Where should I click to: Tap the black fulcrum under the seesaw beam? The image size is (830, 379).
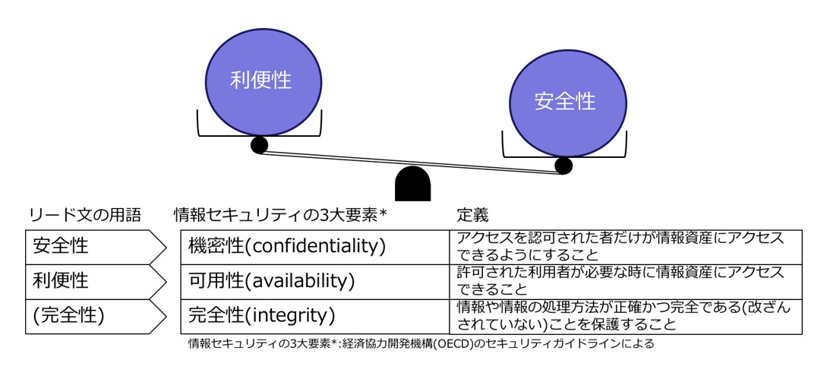(413, 183)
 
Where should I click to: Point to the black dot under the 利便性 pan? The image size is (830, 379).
(260, 144)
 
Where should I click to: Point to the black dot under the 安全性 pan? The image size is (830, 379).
(563, 166)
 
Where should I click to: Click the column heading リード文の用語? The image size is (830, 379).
(85, 216)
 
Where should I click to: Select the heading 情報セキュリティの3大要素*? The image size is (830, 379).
(281, 216)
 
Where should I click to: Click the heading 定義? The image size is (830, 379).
(472, 216)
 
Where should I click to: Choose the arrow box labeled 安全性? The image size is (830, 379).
(96, 246)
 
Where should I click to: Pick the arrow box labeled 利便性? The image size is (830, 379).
(96, 281)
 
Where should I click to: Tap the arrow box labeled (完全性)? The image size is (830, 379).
(96, 316)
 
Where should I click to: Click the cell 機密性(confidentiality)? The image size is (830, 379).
(315, 246)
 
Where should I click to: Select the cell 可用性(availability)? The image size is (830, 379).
(315, 281)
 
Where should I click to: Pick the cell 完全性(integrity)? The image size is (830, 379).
(315, 316)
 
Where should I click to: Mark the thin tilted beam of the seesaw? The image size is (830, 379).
(412, 162)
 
